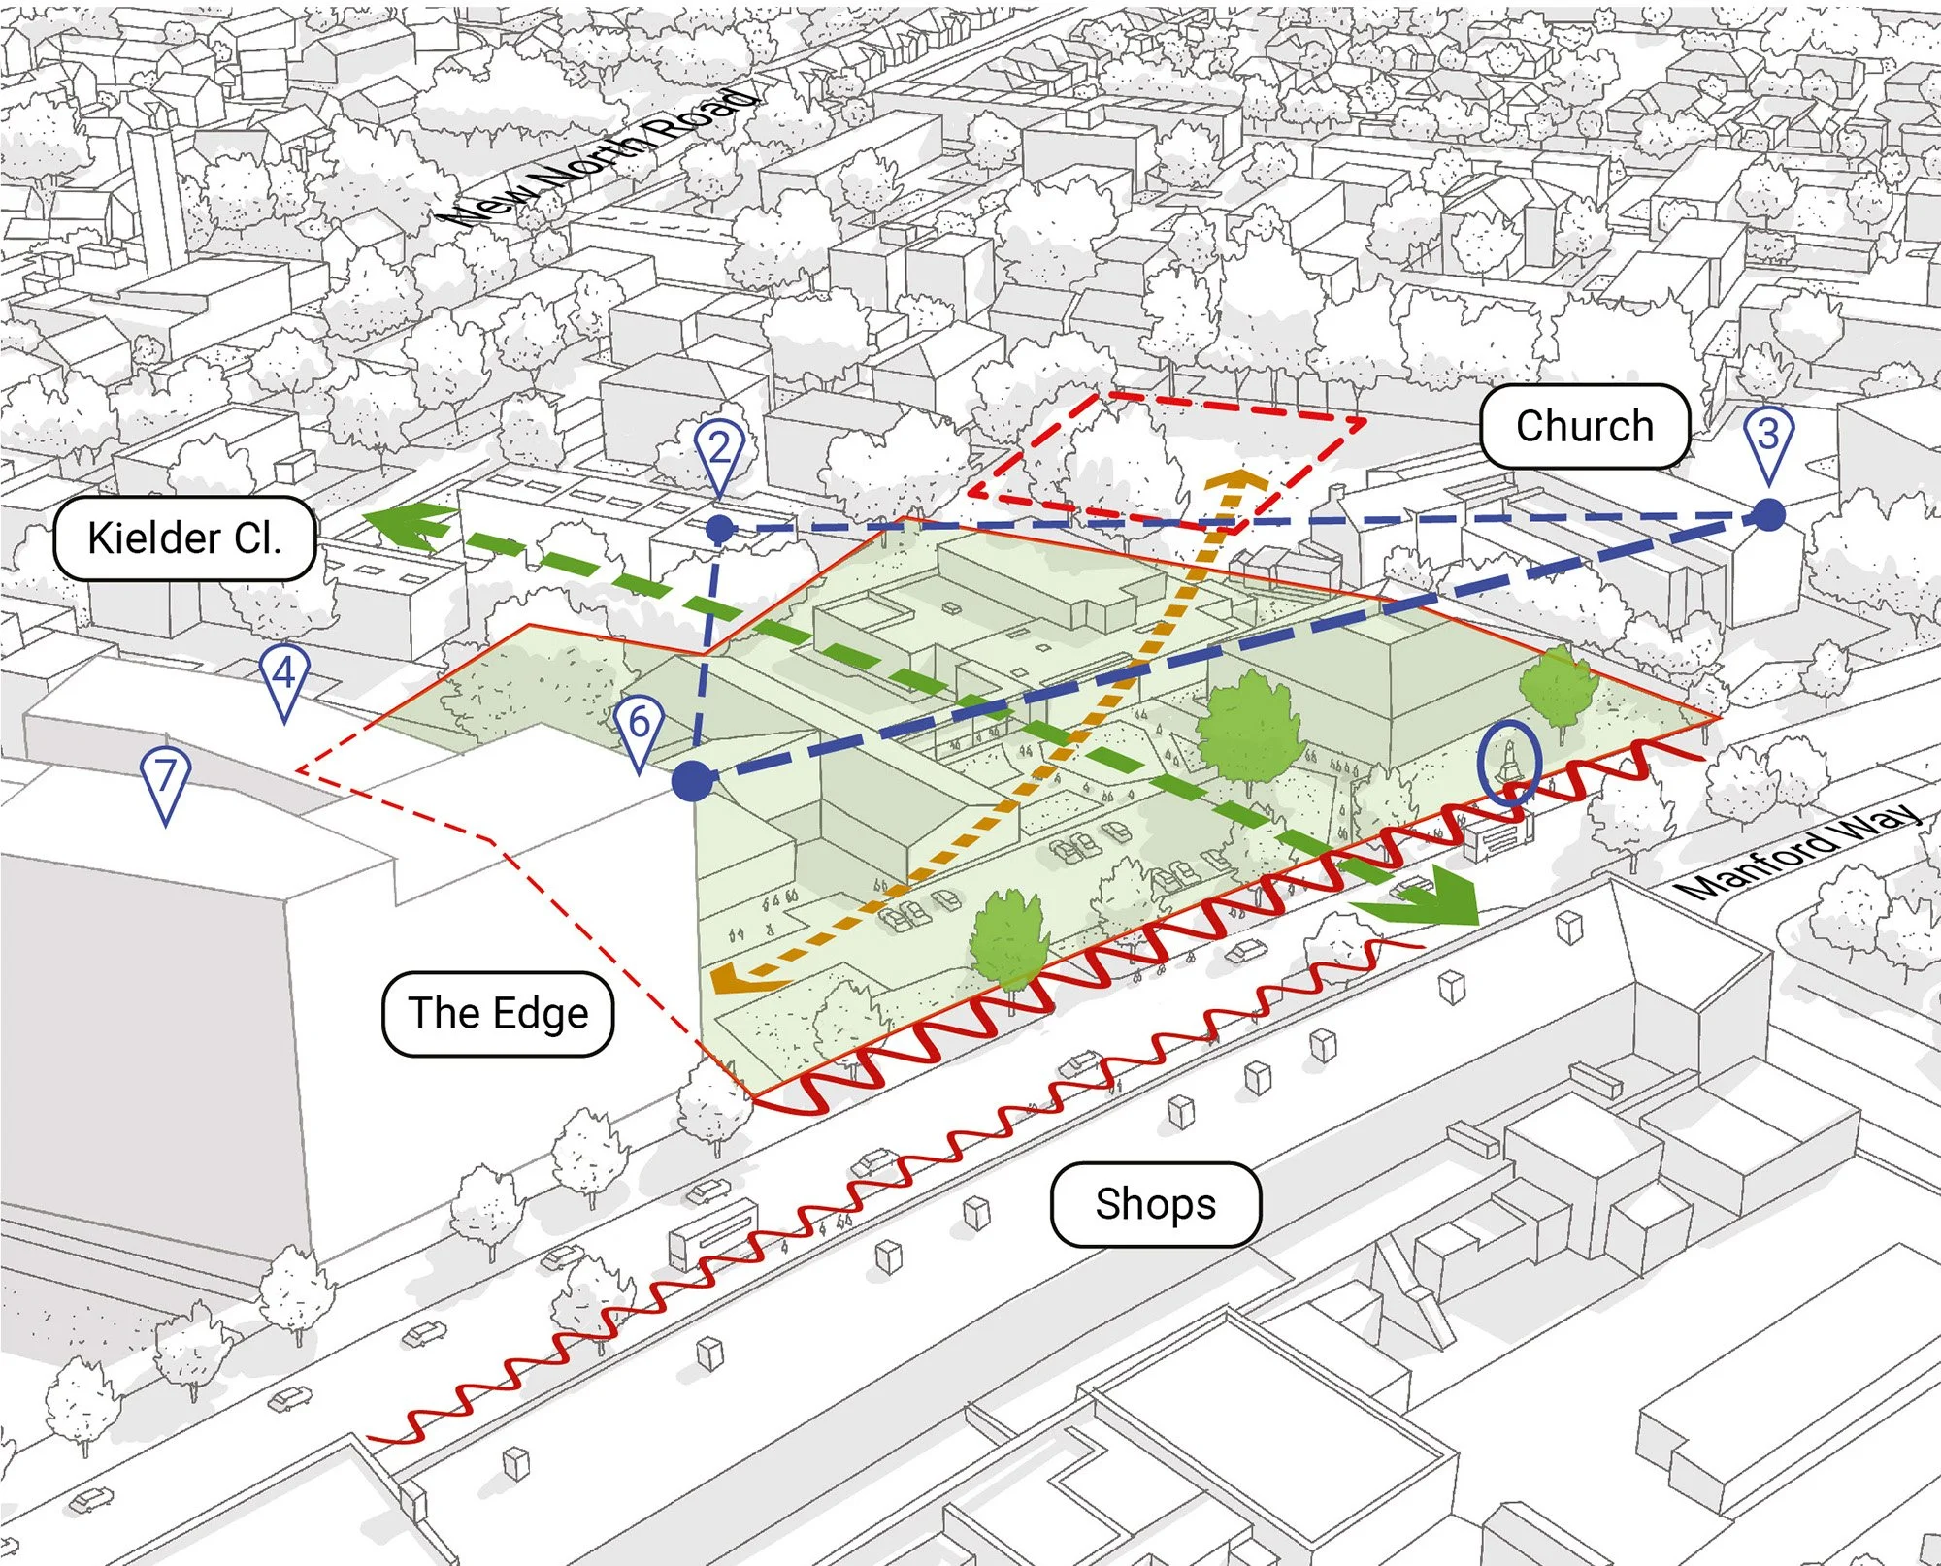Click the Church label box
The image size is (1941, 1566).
click(x=1584, y=426)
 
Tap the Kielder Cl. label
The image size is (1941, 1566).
click(x=184, y=538)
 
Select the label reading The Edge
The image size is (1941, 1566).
click(x=498, y=1013)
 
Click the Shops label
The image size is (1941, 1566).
click(x=1155, y=1204)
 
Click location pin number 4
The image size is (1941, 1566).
click(x=283, y=676)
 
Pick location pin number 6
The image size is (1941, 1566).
click(x=639, y=728)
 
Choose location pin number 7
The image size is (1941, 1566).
click(x=165, y=780)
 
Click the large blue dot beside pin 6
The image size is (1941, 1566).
click(x=693, y=781)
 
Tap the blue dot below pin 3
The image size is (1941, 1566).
click(x=1769, y=515)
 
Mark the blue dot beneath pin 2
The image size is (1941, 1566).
click(x=719, y=529)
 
